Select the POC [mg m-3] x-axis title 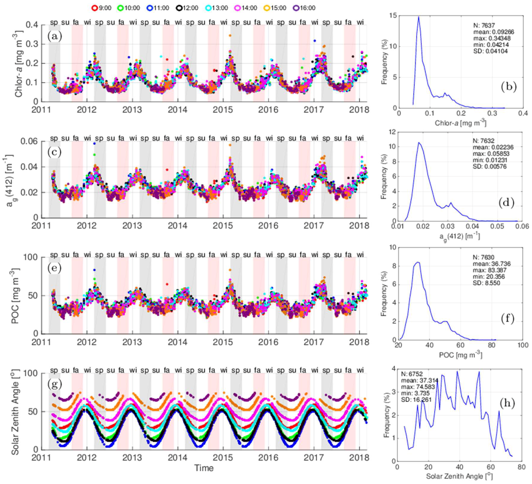click(x=460, y=355)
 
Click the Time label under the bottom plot click(x=204, y=468)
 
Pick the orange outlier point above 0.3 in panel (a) click(x=230, y=35)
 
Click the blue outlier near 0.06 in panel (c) click(x=94, y=144)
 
